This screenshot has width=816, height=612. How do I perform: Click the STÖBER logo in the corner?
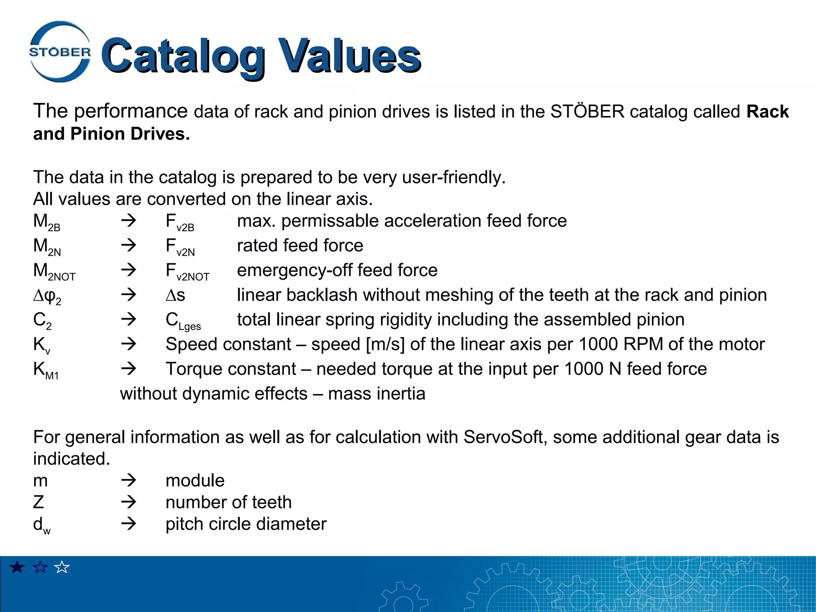click(60, 52)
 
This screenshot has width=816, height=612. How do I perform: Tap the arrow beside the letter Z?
click(129, 502)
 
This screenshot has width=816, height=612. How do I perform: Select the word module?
click(195, 481)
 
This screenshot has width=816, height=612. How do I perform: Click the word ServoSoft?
click(505, 437)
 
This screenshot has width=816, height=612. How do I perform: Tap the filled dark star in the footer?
click(17, 567)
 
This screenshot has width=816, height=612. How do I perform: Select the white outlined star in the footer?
click(62, 567)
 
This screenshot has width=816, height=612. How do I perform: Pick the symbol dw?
click(41, 526)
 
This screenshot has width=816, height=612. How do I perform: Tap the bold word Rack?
click(767, 112)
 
